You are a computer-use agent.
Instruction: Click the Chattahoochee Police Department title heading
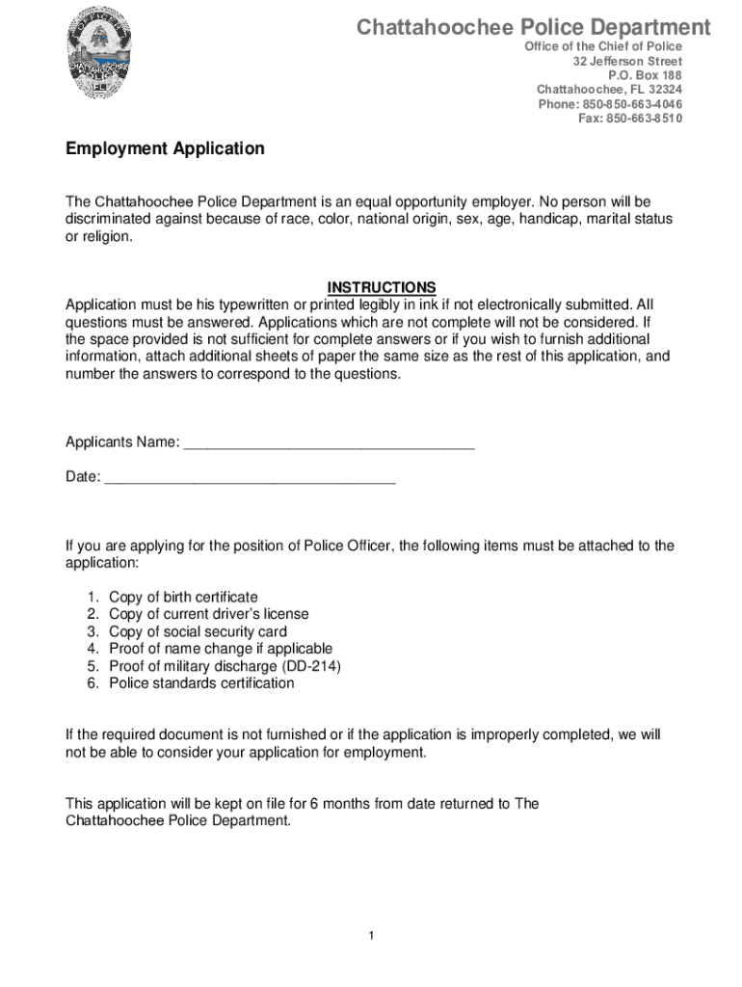[x=533, y=27]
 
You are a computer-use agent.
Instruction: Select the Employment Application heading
[x=165, y=149]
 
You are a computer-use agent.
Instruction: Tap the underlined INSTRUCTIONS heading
[x=382, y=287]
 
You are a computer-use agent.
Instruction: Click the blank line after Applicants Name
[x=329, y=443]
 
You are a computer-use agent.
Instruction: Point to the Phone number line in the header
[x=610, y=104]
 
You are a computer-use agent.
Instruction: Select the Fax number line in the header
[x=629, y=119]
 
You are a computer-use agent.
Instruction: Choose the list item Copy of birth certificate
[x=183, y=598]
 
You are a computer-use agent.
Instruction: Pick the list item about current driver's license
[x=208, y=615]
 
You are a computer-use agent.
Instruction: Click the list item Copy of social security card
[x=198, y=632]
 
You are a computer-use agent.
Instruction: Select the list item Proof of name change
[x=220, y=649]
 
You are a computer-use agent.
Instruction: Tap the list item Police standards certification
[x=201, y=683]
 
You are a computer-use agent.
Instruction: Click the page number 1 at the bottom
[x=370, y=936]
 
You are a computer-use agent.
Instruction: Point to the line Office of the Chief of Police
[x=602, y=46]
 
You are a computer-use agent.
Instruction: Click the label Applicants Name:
[x=121, y=443]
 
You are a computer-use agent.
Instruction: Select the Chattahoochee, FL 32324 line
[x=609, y=90]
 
